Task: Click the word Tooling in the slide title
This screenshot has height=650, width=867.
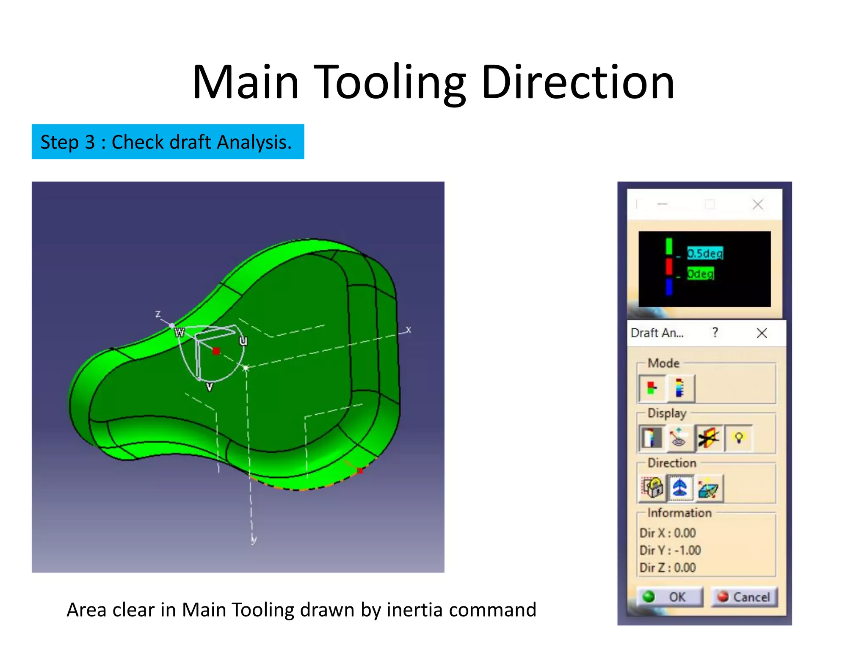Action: (x=392, y=83)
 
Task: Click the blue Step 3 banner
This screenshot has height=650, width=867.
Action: (x=168, y=142)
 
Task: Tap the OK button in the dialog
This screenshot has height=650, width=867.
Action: (x=670, y=597)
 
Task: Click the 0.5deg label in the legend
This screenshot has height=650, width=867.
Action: (x=704, y=253)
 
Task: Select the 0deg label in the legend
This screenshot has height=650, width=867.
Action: (x=700, y=273)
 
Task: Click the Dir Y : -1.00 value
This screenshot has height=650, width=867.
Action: (x=670, y=550)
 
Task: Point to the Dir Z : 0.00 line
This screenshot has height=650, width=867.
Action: (x=668, y=567)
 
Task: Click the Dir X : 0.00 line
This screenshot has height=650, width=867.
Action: (x=668, y=533)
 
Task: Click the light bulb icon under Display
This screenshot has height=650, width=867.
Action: (x=739, y=438)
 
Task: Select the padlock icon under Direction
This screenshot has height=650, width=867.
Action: (x=652, y=487)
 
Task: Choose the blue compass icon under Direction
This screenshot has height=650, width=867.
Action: (x=680, y=487)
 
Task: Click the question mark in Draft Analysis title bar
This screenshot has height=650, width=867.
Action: (x=715, y=333)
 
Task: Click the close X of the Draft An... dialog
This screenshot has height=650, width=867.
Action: (x=762, y=333)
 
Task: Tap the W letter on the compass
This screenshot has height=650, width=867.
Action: (x=179, y=333)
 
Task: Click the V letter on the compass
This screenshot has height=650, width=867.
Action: (x=209, y=386)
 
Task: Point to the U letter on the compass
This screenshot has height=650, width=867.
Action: (x=243, y=341)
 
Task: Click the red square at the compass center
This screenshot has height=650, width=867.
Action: (x=216, y=351)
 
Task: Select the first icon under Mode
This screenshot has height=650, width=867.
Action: (x=652, y=388)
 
